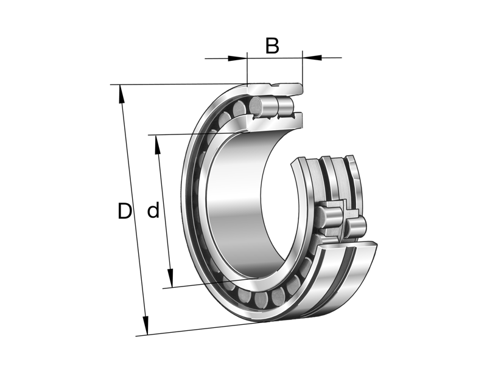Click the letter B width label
[272, 46]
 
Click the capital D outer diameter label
[124, 211]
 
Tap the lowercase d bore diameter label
[153, 211]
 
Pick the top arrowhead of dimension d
[157, 142]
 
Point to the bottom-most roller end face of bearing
[278, 297]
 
